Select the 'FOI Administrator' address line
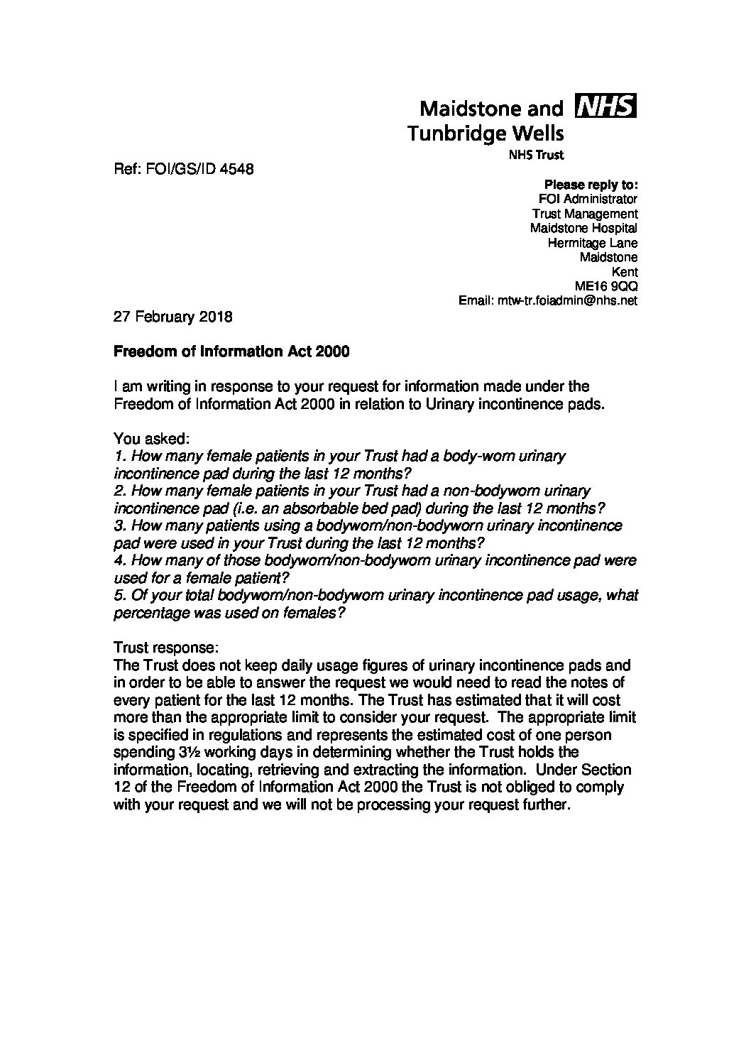(x=588, y=199)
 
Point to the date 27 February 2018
(x=172, y=317)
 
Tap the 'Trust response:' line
(x=167, y=648)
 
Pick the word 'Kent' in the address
(x=624, y=271)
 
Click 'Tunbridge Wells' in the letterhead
(x=486, y=133)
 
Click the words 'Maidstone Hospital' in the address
(x=583, y=228)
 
